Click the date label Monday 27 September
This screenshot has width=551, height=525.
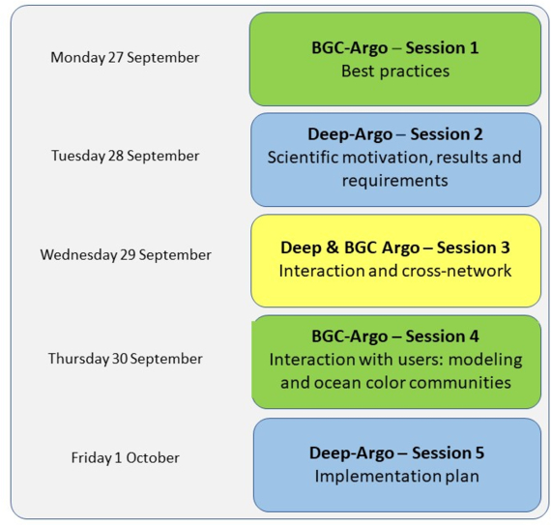(125, 58)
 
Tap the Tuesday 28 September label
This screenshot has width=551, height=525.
(125, 156)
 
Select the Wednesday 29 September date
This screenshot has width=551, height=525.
(126, 255)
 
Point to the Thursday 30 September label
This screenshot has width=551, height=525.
(125, 359)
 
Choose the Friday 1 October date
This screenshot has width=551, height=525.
(125, 458)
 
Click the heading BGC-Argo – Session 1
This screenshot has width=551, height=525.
(395, 48)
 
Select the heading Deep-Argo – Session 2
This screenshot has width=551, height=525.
(395, 134)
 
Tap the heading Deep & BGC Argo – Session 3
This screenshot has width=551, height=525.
(395, 248)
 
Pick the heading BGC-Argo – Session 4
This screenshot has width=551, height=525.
(395, 336)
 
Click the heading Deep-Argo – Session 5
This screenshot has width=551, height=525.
(396, 452)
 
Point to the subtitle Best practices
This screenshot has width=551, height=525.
(395, 72)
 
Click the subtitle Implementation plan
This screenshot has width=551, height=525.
(396, 477)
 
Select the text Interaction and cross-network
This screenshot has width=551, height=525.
(395, 271)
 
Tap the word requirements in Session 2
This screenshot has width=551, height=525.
(395, 182)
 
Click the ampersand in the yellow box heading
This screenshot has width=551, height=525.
(333, 248)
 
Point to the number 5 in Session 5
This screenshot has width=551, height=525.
(479, 452)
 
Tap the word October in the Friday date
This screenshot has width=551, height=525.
(153, 458)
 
